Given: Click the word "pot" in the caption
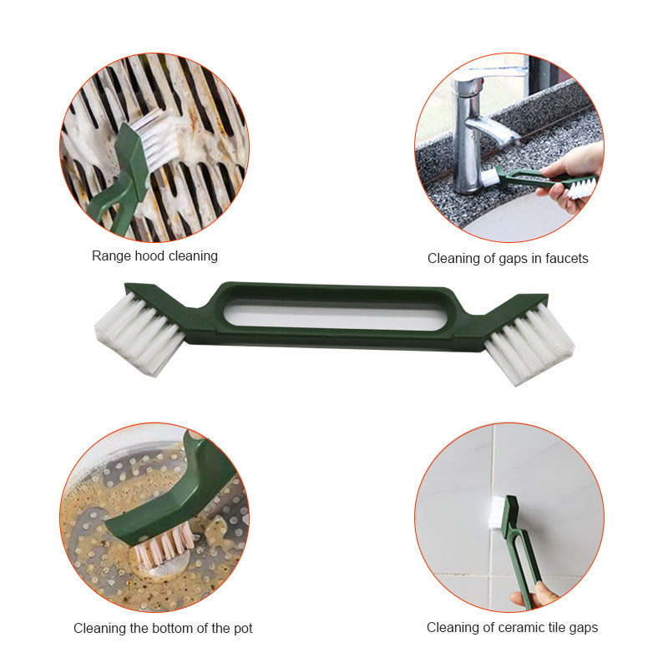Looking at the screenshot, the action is tap(243, 629).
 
